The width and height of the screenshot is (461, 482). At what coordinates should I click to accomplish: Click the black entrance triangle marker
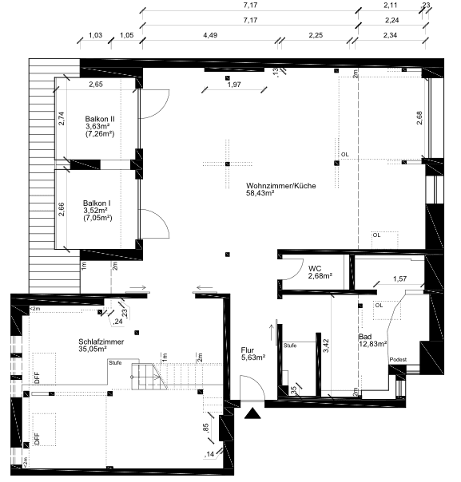pyautogui.click(x=252, y=413)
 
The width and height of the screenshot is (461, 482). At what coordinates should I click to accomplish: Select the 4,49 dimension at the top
pyautogui.click(x=210, y=35)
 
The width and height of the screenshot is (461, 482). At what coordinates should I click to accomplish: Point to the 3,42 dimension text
pyautogui.click(x=326, y=346)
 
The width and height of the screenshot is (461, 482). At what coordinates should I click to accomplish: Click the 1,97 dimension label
pyautogui.click(x=234, y=85)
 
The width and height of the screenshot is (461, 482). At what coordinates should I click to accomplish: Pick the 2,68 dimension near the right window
pyautogui.click(x=419, y=118)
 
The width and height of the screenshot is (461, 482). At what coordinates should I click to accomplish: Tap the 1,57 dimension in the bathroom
pyautogui.click(x=399, y=279)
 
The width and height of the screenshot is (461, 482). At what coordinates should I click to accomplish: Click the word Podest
pyautogui.click(x=398, y=359)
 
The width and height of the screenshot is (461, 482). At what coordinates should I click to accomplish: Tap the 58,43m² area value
pyautogui.click(x=260, y=193)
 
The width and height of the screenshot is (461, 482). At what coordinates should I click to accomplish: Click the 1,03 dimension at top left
pyautogui.click(x=95, y=35)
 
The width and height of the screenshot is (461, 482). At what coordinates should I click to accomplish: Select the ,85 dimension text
pyautogui.click(x=206, y=429)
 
